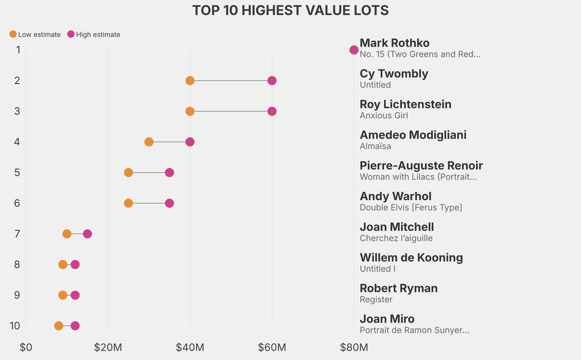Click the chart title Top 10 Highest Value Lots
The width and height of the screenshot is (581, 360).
point(290,10)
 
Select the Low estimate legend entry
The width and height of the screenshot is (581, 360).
point(35,35)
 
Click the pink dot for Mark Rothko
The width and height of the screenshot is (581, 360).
point(354,50)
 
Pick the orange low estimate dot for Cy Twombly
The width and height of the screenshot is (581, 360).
point(190,81)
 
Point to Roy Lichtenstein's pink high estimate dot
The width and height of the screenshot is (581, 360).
point(272,111)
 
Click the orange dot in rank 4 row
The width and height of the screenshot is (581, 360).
point(149,142)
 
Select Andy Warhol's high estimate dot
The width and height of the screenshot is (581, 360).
point(169,203)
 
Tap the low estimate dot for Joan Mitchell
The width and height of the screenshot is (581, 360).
point(67,234)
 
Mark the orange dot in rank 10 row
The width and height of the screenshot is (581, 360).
point(58,326)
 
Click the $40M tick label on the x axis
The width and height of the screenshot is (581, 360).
point(190,347)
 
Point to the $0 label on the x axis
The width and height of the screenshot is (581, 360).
point(26,347)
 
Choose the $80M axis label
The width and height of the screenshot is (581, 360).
point(354,347)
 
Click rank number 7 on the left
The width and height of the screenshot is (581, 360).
point(18,234)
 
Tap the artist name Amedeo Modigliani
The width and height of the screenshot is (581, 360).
point(413,135)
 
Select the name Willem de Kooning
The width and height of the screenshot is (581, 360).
point(411,258)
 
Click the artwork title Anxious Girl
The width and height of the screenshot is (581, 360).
point(384,116)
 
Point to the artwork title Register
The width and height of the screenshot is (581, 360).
point(376,300)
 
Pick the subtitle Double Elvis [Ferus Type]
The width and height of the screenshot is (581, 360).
point(411,208)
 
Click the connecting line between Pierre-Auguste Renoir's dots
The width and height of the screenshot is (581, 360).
point(149,173)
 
